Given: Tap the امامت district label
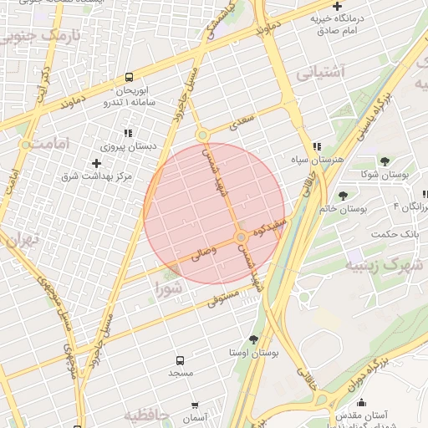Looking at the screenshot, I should click(x=43, y=144).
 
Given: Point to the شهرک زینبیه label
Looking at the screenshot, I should click(x=383, y=266).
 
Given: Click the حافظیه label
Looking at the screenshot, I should click(x=147, y=415).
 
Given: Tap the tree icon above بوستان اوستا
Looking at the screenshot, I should click(x=253, y=339).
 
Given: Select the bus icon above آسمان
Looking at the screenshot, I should click(x=195, y=405).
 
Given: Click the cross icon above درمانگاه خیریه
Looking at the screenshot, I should click(x=336, y=7).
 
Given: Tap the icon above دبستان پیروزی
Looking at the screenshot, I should click(x=128, y=132).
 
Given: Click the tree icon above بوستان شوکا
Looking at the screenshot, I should click(x=385, y=161).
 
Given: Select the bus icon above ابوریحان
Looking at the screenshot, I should click(x=129, y=76).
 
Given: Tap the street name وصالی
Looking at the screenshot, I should click(x=204, y=252).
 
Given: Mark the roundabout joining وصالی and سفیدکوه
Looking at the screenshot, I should click(x=241, y=237).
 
